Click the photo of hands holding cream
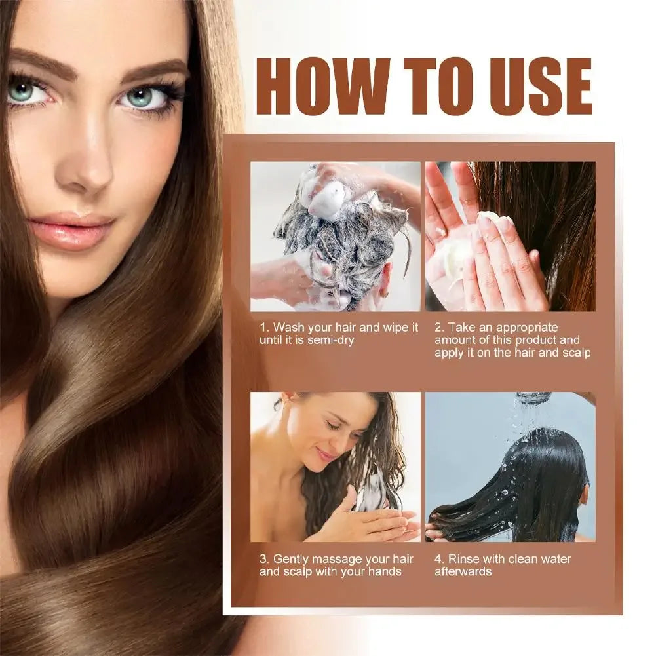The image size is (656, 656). (x=510, y=236)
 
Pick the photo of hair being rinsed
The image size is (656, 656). (x=510, y=467)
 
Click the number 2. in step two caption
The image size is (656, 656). (x=440, y=326)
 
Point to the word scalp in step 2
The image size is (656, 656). (x=575, y=353)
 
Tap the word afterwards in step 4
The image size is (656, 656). (x=463, y=571)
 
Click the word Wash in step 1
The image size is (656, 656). (x=288, y=326)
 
